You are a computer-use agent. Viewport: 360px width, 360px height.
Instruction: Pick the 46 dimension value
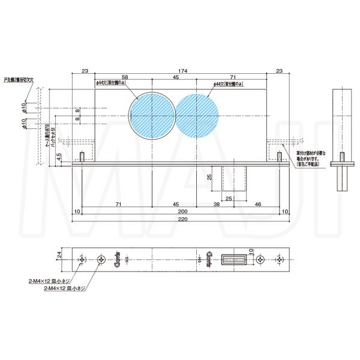[258, 205]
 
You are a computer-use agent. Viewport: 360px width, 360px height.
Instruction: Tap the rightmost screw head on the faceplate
[280, 260]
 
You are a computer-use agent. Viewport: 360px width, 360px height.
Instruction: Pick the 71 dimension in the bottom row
[118, 205]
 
